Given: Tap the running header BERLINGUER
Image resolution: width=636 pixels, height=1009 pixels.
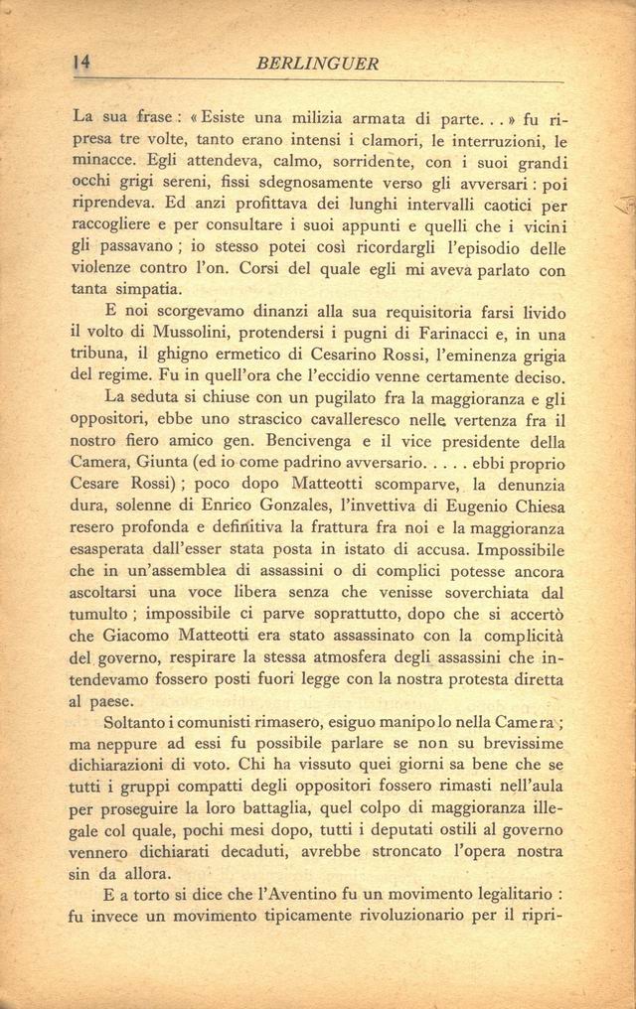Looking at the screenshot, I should pyautogui.click(x=317, y=64).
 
